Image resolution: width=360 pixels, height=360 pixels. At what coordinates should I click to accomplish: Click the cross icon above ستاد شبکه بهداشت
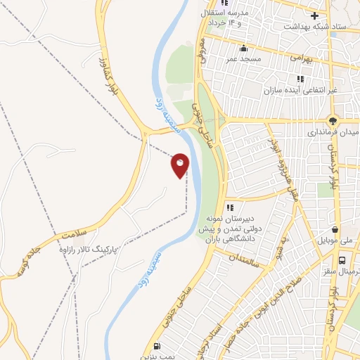point(315,15)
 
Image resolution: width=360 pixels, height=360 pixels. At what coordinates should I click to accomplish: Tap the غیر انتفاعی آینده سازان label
point(302,91)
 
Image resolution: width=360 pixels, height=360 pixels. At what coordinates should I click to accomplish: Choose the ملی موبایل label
point(337,240)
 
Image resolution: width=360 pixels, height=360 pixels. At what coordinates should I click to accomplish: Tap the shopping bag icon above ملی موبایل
point(338,229)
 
